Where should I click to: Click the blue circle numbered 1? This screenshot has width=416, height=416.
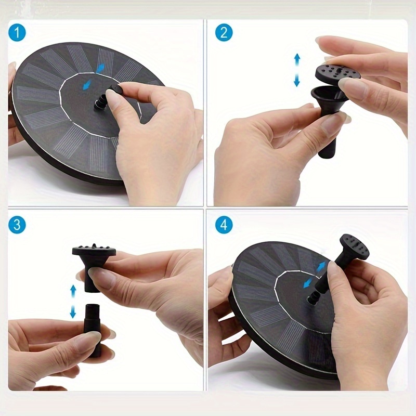[x=17, y=32]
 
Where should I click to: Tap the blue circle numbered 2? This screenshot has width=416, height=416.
[x=224, y=32]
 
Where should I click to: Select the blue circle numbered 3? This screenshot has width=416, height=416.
[x=17, y=225]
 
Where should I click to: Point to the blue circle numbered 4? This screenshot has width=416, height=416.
[x=224, y=225]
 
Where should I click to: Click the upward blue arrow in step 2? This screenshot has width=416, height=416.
[x=297, y=60]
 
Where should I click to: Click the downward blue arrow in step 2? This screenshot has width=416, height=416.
[x=297, y=81]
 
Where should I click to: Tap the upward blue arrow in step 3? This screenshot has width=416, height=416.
[x=73, y=291]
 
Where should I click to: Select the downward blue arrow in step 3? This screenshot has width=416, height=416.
[x=73, y=312]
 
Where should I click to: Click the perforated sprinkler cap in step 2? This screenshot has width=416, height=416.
[x=337, y=73]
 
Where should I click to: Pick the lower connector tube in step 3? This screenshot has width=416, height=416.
[x=92, y=331]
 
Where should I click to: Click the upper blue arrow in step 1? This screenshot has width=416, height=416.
[x=100, y=69]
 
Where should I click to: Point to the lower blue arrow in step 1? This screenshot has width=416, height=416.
[x=87, y=85]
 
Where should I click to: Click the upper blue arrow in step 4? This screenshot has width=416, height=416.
[x=321, y=266]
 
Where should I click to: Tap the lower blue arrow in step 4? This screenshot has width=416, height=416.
[x=308, y=283]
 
